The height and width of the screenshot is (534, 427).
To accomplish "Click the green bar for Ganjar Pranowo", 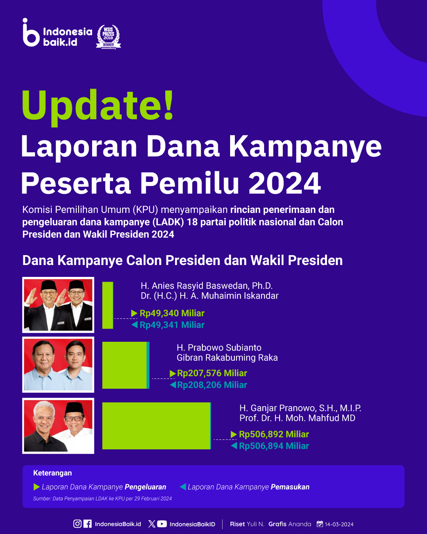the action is click(156, 426).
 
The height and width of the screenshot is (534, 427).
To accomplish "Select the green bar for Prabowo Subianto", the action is click(125, 365).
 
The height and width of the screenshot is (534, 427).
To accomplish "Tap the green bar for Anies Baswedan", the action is click(108, 305).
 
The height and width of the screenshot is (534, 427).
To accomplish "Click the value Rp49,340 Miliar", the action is click(172, 313).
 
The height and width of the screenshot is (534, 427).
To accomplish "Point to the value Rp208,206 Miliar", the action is click(212, 385).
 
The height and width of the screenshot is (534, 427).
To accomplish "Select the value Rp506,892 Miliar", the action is click(274, 434).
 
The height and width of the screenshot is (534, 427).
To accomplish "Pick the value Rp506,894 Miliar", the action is click(274, 446).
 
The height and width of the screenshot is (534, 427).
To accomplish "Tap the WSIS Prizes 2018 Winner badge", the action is click(108, 37).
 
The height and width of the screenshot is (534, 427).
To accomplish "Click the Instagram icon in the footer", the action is click(77, 524).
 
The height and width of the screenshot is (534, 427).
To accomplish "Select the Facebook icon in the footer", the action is click(87, 524).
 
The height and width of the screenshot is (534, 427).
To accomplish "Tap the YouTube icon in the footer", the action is click(162, 524).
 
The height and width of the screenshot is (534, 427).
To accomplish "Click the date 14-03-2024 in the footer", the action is click(339, 524).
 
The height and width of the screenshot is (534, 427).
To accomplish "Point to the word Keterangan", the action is click(53, 473).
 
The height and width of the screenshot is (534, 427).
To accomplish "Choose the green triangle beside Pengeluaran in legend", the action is click(36, 487).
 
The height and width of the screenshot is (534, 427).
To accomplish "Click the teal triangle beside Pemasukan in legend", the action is click(183, 487).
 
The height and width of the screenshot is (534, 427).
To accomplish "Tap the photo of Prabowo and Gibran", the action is click(58, 365).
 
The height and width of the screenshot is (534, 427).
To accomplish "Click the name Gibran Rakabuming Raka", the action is click(227, 358).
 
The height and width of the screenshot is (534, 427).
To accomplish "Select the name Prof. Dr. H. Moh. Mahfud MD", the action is click(297, 418).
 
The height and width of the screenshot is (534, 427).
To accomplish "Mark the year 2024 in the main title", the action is click(285, 183).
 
